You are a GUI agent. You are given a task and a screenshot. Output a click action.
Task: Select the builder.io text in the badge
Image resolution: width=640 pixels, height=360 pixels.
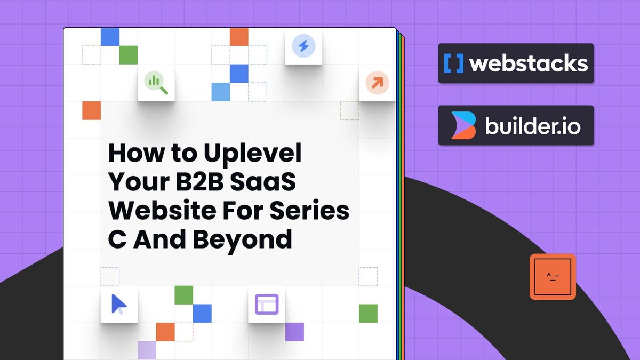click(x=533, y=126)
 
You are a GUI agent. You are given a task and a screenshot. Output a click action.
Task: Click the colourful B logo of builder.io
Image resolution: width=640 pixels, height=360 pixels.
click(x=462, y=126)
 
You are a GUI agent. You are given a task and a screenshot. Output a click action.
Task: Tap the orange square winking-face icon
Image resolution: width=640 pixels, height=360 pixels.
click(x=553, y=276)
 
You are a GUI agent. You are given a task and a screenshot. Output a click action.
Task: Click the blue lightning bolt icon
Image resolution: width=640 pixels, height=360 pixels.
click(x=303, y=46)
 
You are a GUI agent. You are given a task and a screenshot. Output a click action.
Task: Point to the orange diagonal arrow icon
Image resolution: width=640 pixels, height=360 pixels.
click(x=377, y=83)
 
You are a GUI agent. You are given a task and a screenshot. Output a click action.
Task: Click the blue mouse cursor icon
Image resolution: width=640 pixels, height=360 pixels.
click(x=119, y=304)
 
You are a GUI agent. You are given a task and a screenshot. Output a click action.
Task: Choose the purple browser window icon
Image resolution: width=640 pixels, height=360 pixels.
click(x=267, y=304)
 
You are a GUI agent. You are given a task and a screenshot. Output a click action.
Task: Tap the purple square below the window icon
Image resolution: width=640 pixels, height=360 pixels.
click(x=294, y=332)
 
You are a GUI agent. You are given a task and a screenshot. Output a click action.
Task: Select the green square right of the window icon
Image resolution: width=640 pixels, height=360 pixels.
click(x=368, y=314)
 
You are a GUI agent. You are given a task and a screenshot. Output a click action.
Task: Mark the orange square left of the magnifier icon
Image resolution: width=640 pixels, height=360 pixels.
click(x=91, y=110)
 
